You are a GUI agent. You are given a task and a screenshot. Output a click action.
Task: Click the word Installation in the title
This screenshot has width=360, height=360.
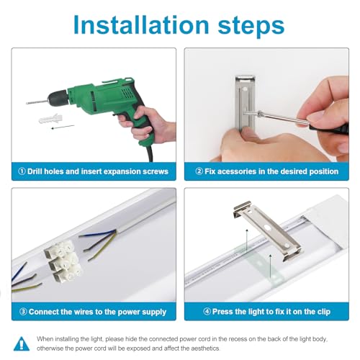141,25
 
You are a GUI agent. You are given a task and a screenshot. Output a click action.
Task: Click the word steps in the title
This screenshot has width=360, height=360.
251,27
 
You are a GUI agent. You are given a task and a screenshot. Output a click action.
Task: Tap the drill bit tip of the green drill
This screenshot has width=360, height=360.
27,104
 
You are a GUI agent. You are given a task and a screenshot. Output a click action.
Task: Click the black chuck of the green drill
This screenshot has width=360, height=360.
57,99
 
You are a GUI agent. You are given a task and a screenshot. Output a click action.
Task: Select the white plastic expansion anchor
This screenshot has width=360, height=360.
50,119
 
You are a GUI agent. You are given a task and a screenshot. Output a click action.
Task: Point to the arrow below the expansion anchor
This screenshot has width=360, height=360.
63,127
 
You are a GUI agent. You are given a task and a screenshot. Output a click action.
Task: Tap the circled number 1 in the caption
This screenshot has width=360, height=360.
22,171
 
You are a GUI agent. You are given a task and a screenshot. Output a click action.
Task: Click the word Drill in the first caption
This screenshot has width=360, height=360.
35,171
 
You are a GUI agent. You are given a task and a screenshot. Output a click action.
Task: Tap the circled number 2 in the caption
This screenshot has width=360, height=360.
199,171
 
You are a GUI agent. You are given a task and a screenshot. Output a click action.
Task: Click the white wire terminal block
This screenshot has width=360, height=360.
63,261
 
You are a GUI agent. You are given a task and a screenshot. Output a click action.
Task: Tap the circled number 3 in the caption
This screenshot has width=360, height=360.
23,312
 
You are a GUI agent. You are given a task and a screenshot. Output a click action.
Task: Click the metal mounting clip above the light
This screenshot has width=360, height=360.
267,230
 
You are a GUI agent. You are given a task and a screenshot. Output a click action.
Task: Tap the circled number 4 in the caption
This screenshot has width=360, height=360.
207,312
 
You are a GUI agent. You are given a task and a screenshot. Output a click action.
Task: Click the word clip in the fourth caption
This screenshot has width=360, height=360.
324,312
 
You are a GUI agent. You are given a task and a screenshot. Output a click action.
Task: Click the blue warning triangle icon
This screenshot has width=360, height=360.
22,344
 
